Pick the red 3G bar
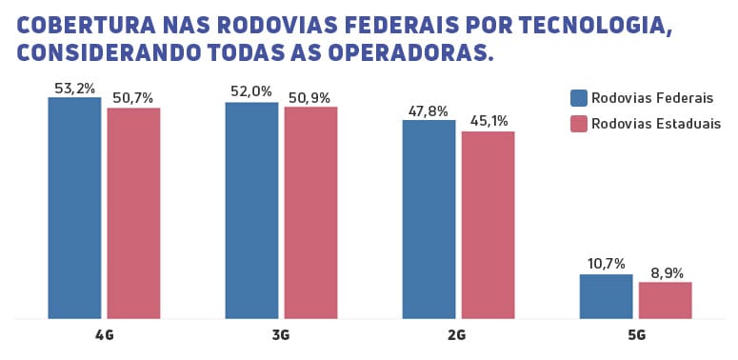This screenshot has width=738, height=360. pos(310,212)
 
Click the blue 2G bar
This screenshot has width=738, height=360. pos(429,219)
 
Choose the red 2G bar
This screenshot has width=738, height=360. pos(488,225)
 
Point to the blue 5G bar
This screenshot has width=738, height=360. pos(606,296)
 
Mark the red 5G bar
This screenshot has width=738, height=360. pos(665,300)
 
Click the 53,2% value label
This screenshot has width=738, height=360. pos(74,89)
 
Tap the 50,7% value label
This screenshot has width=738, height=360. pos(133,98)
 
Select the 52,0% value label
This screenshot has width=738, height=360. pos(251,92)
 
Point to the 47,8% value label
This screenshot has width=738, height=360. pos(429,110)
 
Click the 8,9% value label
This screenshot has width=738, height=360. pos(665,272)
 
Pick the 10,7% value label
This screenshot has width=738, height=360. pos(606,264)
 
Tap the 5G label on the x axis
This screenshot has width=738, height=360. pos(635,335)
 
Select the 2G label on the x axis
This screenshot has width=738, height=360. pos(457,335)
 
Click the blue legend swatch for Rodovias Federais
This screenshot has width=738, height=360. pos(578,98)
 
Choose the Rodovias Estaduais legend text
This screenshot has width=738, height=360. pos(655,124)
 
